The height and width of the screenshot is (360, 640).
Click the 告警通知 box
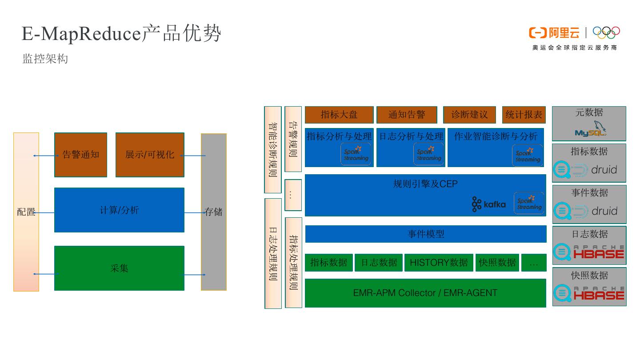(80, 155)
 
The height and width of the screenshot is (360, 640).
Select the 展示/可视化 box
(150, 155)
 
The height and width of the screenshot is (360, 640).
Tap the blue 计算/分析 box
(119, 210)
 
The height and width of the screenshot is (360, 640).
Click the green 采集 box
(119, 268)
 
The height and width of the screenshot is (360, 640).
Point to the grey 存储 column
(213, 212)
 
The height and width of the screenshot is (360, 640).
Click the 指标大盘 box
(339, 115)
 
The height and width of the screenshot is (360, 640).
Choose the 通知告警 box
(407, 115)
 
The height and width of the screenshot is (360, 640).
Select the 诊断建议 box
(469, 115)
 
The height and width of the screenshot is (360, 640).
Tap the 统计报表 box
(524, 115)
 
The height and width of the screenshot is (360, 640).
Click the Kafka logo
(488, 204)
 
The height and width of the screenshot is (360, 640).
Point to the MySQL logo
(590, 129)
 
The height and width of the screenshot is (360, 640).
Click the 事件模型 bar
(426, 234)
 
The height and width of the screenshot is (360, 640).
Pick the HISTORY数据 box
(438, 263)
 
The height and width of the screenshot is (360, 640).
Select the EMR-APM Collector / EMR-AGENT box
(425, 293)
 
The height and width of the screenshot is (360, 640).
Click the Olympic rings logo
(606, 32)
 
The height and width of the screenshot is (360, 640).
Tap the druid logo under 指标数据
(586, 170)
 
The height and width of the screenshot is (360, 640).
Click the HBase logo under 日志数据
(589, 252)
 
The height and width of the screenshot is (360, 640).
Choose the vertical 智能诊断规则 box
(273, 149)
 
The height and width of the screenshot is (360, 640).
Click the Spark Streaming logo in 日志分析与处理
(429, 154)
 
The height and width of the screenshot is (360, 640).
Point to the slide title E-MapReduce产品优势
(121, 34)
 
